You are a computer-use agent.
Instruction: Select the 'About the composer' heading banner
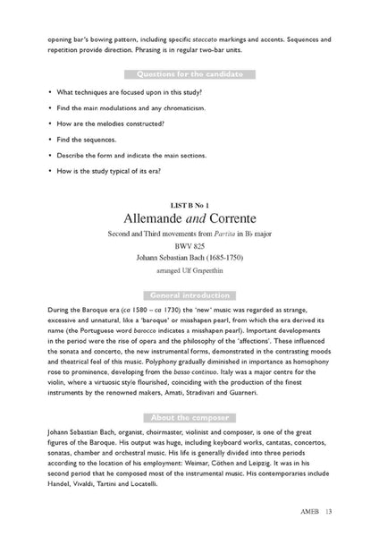[x=189, y=418]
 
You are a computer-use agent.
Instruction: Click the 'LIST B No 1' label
[x=189, y=197]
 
